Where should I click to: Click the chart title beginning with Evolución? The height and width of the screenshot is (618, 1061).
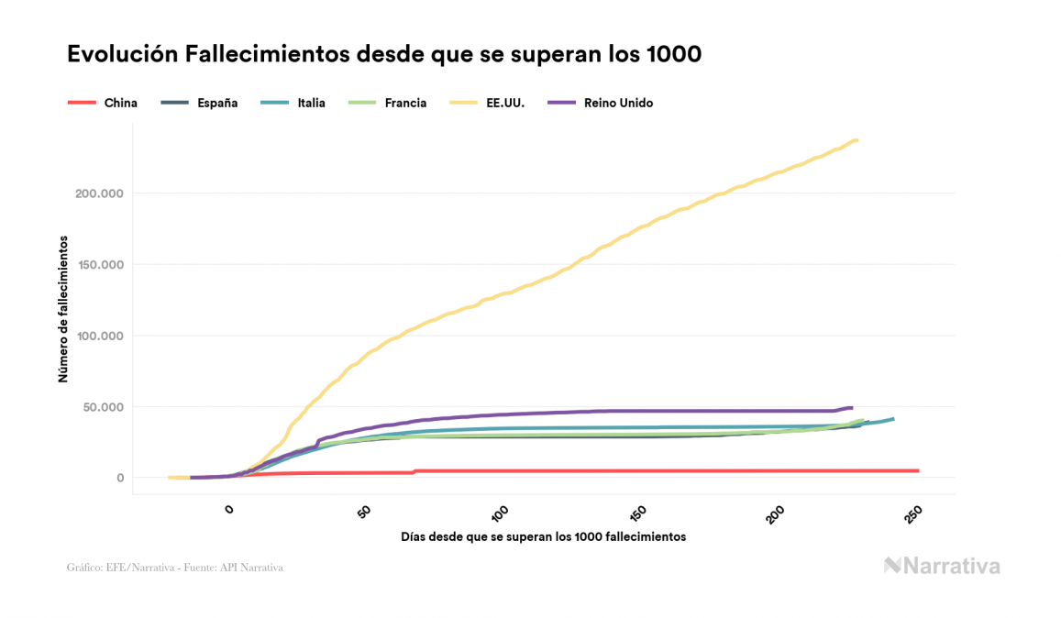click(384, 54)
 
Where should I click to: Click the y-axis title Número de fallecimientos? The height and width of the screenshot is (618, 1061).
click(63, 309)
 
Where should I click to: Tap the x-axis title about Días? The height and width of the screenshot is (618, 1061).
click(543, 536)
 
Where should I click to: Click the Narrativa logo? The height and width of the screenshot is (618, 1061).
click(942, 566)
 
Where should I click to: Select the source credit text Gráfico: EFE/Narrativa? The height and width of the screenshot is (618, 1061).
click(174, 568)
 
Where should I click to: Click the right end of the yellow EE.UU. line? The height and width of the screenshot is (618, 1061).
click(857, 140)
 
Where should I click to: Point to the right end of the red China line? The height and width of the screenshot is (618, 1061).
click(917, 470)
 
